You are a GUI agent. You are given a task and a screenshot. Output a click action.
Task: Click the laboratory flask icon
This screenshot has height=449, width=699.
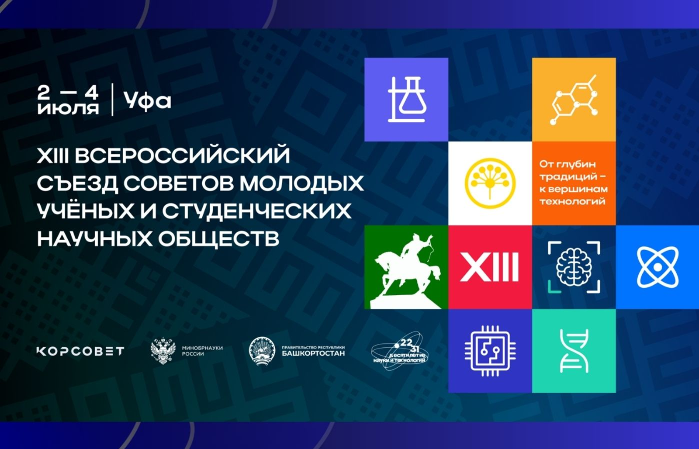click(407, 100)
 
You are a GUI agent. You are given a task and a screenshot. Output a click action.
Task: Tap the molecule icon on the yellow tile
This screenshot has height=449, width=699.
click(574, 100)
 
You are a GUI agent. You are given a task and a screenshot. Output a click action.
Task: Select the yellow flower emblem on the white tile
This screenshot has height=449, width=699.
click(490, 183)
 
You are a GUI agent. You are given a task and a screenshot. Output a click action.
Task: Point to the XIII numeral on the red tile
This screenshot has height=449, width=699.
click(489, 267)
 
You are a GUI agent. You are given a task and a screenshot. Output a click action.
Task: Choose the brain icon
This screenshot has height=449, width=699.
click(574, 267)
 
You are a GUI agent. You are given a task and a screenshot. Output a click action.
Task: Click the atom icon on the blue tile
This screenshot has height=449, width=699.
click(657, 267)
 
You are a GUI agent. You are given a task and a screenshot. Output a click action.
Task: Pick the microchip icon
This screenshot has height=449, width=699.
click(490, 351)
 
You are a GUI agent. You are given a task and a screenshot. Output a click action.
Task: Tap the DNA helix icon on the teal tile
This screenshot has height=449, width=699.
click(574, 351)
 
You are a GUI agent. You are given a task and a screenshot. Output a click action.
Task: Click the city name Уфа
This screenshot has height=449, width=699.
click(147, 101)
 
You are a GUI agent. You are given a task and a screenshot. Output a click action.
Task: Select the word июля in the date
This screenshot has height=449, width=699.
click(68, 108)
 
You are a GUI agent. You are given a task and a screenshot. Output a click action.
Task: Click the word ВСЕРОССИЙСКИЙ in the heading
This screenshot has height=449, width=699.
click(182, 155)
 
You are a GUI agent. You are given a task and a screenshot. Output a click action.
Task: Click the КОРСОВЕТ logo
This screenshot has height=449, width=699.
click(80, 351)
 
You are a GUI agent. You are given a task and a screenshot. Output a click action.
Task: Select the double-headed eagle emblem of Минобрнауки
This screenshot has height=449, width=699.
click(163, 351)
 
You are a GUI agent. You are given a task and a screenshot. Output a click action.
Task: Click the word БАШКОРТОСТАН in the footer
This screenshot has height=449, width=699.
click(313, 353)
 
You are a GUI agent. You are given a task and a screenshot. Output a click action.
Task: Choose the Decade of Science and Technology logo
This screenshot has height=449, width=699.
click(398, 351)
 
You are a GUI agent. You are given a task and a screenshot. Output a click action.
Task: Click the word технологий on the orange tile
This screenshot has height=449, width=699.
click(572, 202)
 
